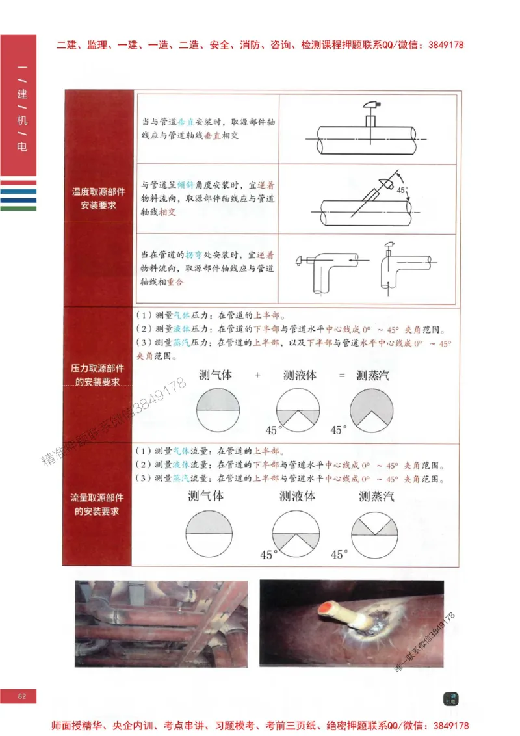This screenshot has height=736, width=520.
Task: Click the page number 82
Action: click(21, 696)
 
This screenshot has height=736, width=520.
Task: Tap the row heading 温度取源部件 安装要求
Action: click(98, 198)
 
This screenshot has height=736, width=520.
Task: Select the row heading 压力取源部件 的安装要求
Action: click(98, 375)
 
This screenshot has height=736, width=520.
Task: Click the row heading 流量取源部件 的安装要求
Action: click(98, 505)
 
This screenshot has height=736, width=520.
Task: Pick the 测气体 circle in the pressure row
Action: click(218, 410)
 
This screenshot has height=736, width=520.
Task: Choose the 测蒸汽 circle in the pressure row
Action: click(371, 410)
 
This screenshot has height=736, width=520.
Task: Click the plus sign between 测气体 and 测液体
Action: click(257, 375)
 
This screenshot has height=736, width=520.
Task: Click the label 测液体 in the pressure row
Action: click(300, 375)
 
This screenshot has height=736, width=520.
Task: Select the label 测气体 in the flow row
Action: click(205, 495)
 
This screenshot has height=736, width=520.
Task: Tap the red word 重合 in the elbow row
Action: click(175, 282)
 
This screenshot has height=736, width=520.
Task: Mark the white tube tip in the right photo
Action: click(325, 610)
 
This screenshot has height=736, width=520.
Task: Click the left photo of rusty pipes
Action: click(161, 624)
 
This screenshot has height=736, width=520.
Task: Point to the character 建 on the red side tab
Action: click(22, 95)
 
